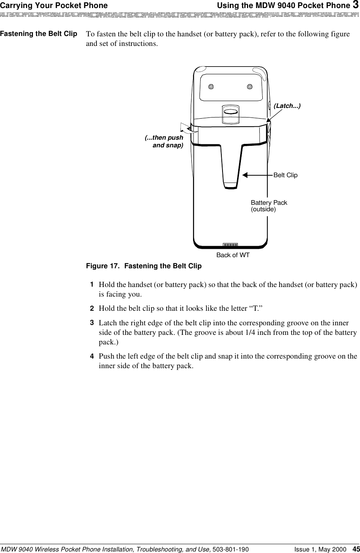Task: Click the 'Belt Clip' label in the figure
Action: pyautogui.click(x=285, y=175)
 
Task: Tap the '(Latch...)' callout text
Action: pyautogui.click(x=287, y=105)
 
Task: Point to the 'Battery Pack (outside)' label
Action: pyautogui.click(x=269, y=206)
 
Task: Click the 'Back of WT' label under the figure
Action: pyautogui.click(x=233, y=255)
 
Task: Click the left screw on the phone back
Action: pyautogui.click(x=211, y=86)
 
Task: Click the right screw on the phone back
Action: pyautogui.click(x=250, y=86)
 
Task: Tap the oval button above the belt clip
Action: pyautogui.click(x=230, y=111)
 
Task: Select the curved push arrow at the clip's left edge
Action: pyautogui.click(x=189, y=127)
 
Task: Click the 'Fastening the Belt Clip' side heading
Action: pyautogui.click(x=38, y=34)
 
